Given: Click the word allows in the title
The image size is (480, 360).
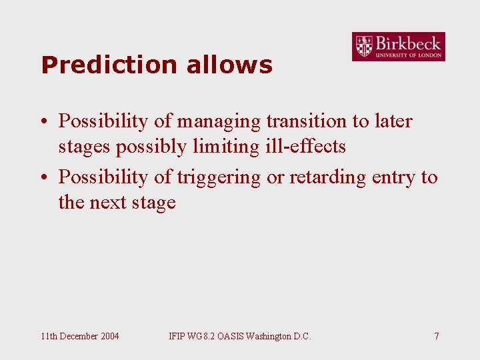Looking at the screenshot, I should [x=229, y=65].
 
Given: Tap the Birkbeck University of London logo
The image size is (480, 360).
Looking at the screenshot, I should [x=398, y=47].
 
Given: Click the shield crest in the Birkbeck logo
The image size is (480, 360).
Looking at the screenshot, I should [x=364, y=47].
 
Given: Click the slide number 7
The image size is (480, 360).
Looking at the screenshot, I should [x=437, y=336].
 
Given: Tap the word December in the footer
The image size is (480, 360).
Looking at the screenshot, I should [x=79, y=336].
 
